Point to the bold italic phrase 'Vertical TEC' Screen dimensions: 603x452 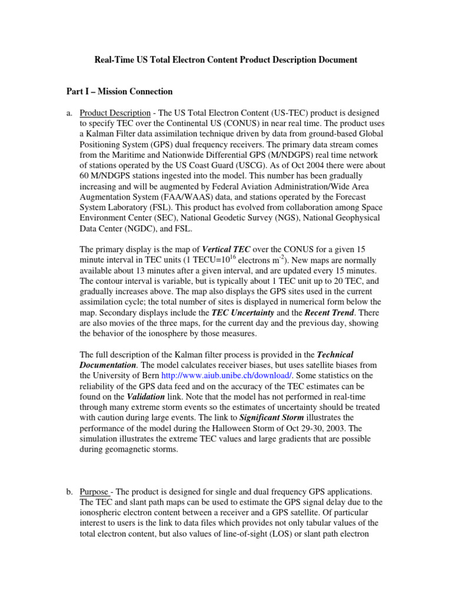click(x=227, y=249)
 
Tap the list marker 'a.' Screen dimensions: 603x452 click(x=69, y=112)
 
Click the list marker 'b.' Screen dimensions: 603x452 click(x=69, y=491)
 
